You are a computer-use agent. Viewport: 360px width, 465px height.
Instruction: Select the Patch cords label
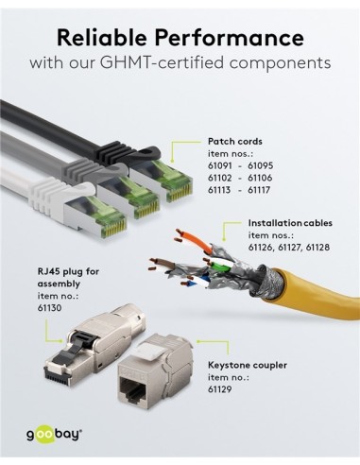click(x=233, y=141)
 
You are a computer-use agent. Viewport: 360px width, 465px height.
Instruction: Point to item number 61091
click(x=222, y=164)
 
